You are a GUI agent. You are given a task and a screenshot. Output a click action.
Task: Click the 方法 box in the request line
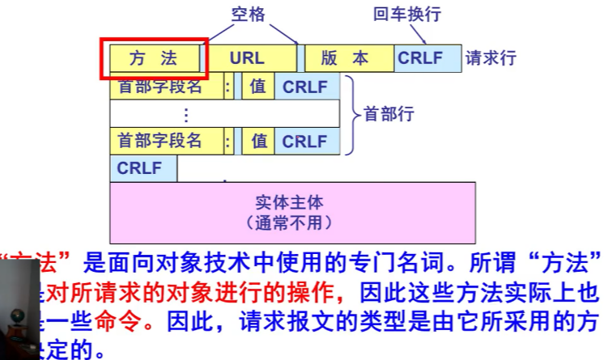(x=154, y=58)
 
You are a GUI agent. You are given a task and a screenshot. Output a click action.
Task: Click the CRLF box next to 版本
(x=419, y=58)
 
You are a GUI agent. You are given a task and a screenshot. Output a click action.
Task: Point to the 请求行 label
(x=491, y=58)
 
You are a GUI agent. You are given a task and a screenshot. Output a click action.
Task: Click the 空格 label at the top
(x=248, y=14)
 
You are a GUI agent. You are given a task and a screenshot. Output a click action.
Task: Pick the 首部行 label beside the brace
(x=389, y=114)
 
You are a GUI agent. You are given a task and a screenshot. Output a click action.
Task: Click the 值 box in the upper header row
(x=258, y=87)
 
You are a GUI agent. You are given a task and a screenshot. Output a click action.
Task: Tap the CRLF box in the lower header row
(x=304, y=141)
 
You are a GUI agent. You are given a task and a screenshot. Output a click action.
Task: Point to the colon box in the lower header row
(x=228, y=141)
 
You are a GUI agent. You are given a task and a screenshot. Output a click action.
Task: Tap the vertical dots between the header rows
(x=186, y=114)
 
